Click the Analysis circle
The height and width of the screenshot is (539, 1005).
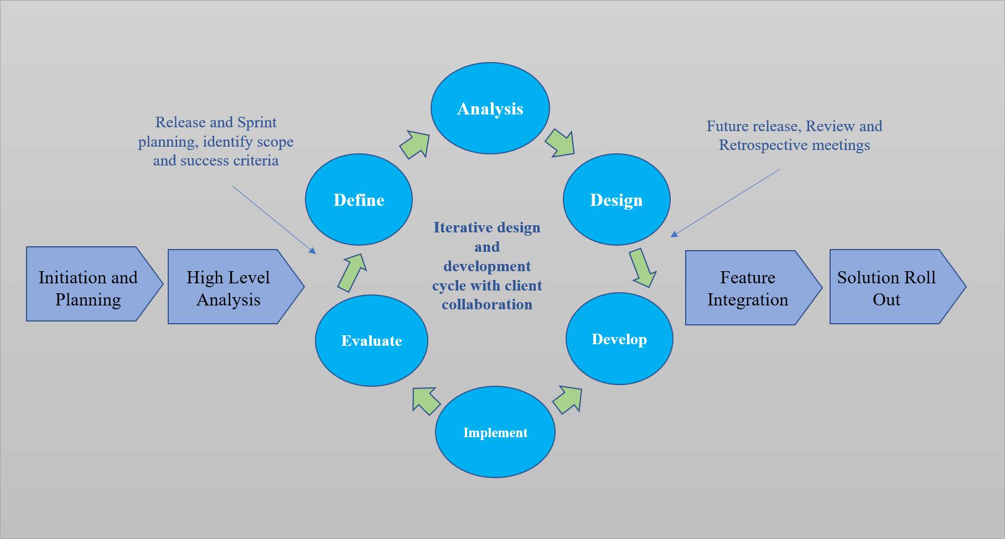490,108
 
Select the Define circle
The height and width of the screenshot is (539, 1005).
359,200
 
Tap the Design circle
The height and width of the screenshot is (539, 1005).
617,200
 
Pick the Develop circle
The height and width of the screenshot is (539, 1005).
619,339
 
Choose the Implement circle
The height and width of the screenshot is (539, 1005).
495,432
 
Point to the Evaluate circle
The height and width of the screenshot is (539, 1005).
371,340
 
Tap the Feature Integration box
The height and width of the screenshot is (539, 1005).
748,288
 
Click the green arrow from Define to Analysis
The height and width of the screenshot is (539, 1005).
415,144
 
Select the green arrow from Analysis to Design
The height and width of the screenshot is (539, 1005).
560,143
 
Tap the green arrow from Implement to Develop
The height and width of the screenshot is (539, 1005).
568,400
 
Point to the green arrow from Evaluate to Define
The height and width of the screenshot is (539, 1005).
352,272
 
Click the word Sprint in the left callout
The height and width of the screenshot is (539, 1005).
257,122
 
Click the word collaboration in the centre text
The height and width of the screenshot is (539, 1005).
487,304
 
